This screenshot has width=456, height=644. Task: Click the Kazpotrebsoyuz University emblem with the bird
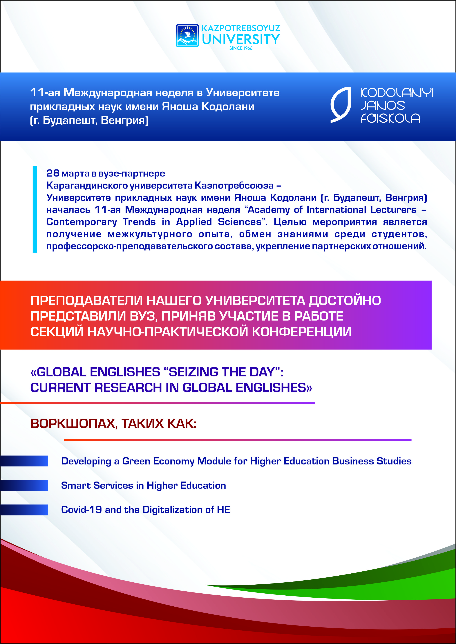coord(187,36)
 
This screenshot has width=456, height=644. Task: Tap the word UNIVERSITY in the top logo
coord(241,40)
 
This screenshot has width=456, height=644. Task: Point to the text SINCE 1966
coord(241,48)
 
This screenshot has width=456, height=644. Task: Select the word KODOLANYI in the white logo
coord(397,93)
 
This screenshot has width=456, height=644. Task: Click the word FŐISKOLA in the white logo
coord(390,118)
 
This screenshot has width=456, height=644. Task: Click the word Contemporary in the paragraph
coord(82,222)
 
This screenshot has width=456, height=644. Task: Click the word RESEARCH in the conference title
coord(128,388)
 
